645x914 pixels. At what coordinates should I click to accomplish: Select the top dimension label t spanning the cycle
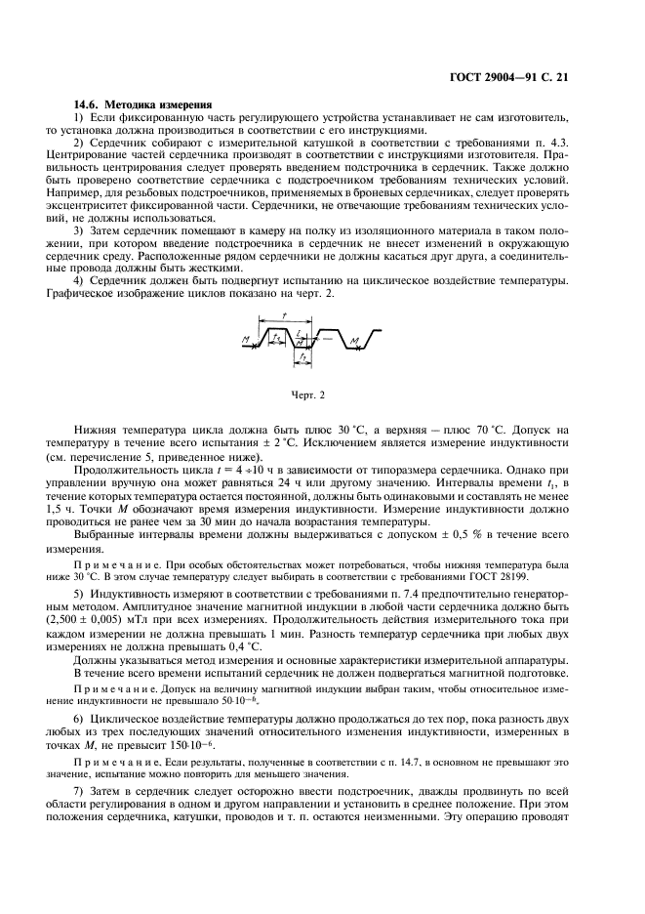coord(283,316)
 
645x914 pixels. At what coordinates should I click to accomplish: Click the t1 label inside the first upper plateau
coord(277,337)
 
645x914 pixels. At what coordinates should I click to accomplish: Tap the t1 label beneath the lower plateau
coord(303,359)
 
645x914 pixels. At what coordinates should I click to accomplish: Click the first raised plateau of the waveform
coord(278,329)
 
